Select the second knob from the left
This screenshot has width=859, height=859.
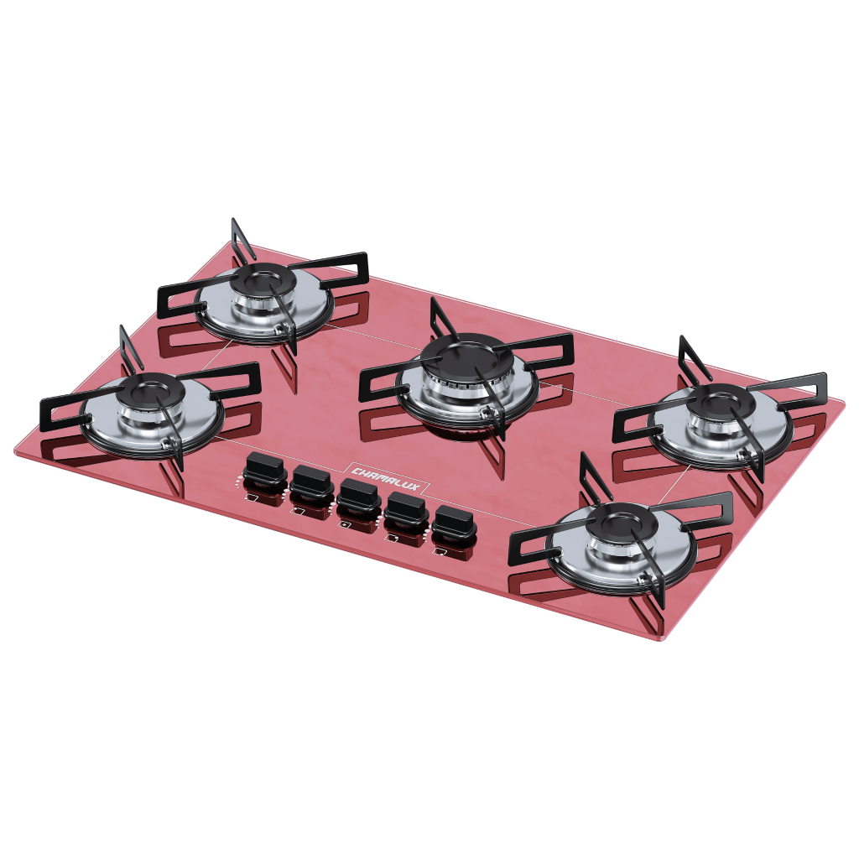[x=312, y=482]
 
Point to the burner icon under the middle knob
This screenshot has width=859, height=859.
[x=345, y=524]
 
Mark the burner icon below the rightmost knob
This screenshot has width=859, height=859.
[x=439, y=551]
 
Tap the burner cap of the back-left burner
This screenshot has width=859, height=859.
[x=263, y=277]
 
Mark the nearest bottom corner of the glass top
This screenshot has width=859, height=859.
[x=667, y=639]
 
